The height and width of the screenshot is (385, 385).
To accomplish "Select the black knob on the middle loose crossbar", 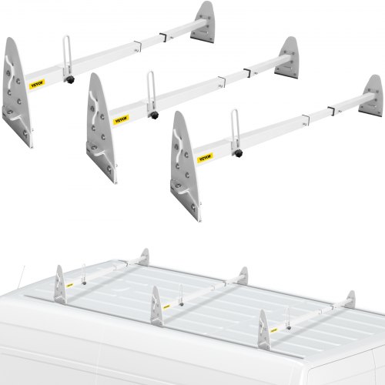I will pyautogui.click(x=154, y=116).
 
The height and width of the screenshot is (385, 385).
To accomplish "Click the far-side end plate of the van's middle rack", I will pyautogui.click(x=242, y=276).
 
